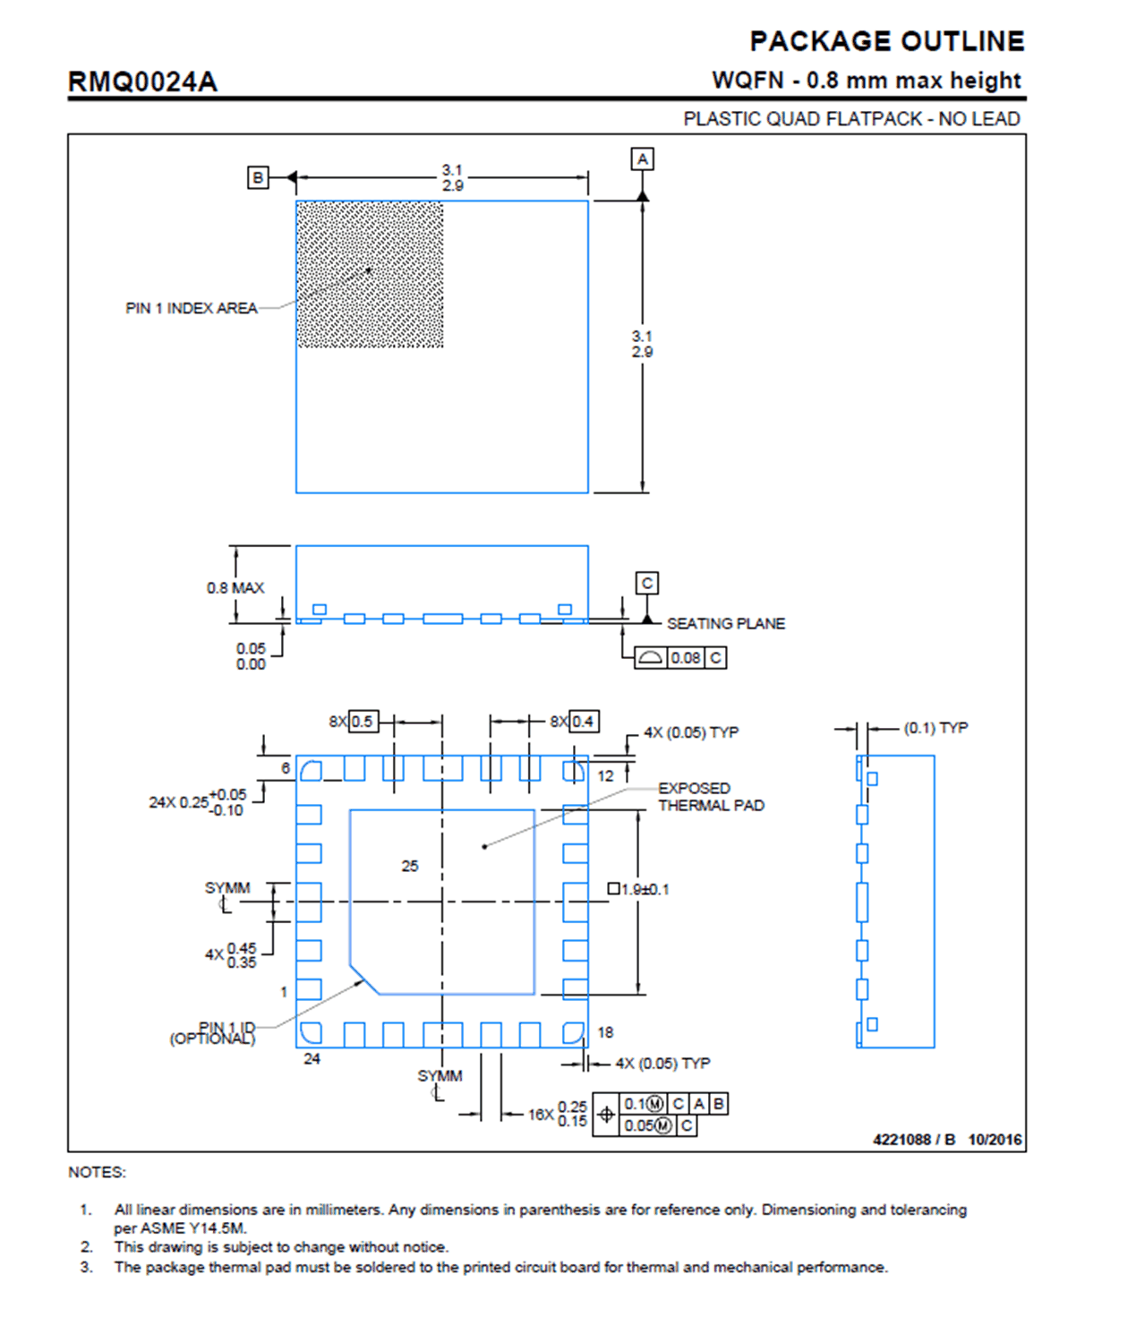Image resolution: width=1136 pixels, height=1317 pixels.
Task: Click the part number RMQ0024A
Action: (x=142, y=82)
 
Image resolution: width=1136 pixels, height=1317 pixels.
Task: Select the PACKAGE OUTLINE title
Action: (x=886, y=41)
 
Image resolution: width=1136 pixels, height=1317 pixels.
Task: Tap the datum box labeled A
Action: (x=642, y=159)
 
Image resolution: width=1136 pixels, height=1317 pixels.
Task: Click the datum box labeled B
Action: (x=258, y=177)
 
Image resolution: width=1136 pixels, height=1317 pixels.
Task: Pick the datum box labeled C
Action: (x=646, y=583)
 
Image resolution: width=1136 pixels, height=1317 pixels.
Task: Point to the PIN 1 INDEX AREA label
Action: (x=191, y=308)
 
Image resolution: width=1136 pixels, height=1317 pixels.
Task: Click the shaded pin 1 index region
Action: (x=370, y=274)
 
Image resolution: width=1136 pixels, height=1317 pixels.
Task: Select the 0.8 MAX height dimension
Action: (x=235, y=588)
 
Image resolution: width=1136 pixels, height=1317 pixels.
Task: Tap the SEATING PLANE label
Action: (x=725, y=623)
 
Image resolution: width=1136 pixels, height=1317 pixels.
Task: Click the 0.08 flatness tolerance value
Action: (x=686, y=658)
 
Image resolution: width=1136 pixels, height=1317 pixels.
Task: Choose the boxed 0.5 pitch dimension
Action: (x=362, y=722)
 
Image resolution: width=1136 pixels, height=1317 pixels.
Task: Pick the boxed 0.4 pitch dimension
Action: (x=584, y=722)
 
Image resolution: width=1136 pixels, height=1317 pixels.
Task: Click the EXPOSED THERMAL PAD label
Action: (x=711, y=797)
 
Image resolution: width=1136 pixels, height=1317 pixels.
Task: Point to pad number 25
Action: (x=410, y=866)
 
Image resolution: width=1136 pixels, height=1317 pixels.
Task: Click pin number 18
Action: (x=605, y=1032)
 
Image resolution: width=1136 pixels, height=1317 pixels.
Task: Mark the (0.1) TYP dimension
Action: (x=935, y=728)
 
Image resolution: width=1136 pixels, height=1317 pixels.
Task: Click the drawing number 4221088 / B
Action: (x=914, y=1139)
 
